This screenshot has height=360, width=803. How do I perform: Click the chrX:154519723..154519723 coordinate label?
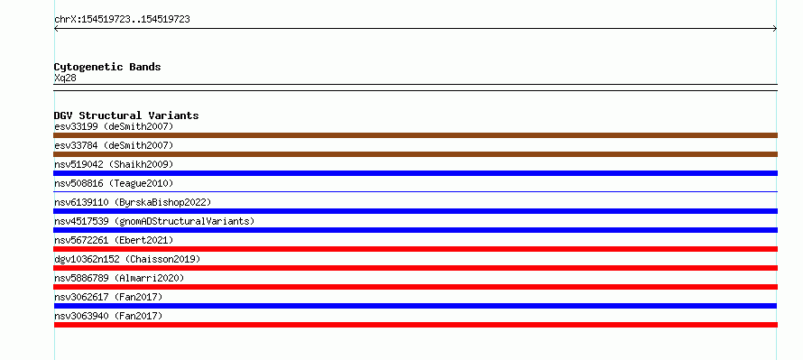coord(122,20)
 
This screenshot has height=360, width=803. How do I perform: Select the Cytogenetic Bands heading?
coord(107,67)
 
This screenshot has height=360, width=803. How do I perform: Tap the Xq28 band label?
coord(65,78)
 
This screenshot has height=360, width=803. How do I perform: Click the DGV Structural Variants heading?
coord(126,115)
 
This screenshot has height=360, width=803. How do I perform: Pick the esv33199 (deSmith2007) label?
coord(114,126)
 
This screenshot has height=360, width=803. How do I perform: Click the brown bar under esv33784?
coord(415,154)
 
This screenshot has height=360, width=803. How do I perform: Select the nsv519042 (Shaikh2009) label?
coord(114,164)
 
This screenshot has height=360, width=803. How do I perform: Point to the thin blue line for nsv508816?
coord(415,192)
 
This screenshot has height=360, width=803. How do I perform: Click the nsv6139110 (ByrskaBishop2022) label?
coord(133,202)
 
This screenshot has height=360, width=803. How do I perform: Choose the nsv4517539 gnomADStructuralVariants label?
coord(154,221)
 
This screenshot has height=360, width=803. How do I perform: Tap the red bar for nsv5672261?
coord(415,249)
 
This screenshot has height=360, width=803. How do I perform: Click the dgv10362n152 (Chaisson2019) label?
coord(127,259)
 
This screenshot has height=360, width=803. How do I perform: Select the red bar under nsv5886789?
coord(415,287)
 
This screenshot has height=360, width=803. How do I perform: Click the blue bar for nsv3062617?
coord(415,306)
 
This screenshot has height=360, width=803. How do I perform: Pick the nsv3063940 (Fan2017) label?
coord(108,316)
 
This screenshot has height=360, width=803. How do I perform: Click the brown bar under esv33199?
coord(415,135)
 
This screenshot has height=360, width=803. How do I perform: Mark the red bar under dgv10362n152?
coord(415,268)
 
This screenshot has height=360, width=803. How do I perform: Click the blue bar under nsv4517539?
coord(415,230)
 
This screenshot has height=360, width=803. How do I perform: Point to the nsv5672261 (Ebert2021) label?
coord(114,240)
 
